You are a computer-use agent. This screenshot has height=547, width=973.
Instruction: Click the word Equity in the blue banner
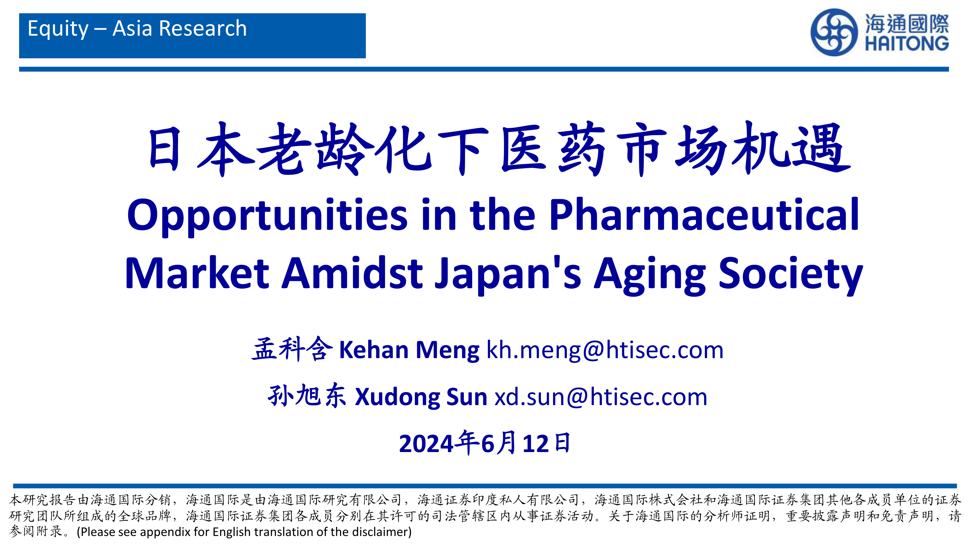coord(58,29)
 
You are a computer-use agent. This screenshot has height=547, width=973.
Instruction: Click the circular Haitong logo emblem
coord(834,32)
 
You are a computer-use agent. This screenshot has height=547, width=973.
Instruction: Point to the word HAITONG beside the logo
coord(907,43)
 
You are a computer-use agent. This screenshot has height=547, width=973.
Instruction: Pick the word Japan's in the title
coord(508,274)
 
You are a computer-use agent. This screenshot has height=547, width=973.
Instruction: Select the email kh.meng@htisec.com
coord(605,350)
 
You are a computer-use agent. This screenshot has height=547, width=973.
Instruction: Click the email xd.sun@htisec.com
coord(601,397)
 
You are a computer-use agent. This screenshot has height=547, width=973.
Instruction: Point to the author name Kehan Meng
coord(409,350)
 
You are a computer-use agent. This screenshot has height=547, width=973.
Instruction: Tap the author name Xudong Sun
coord(421,397)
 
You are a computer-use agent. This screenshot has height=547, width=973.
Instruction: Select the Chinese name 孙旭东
coord(307,396)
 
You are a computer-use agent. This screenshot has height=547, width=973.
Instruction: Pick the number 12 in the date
coord(535,444)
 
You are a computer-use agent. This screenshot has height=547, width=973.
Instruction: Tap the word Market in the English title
coord(197,273)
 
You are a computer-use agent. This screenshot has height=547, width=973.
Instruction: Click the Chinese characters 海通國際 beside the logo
coord(907,23)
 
